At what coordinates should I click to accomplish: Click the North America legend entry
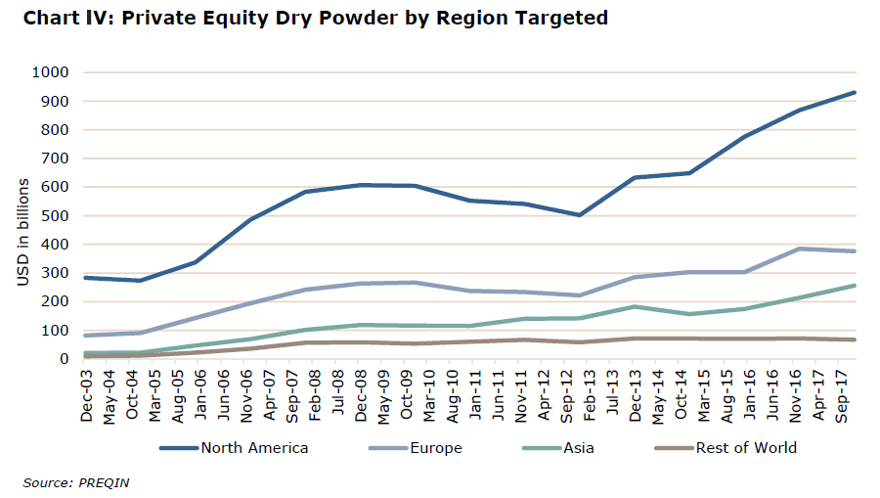(234, 448)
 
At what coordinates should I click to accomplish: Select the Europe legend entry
(416, 448)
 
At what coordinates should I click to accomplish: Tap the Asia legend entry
(558, 448)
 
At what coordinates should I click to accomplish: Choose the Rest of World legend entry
(726, 448)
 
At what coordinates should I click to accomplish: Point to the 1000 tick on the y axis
(51, 72)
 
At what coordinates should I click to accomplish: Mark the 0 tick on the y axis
(64, 359)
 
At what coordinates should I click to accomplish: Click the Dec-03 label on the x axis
(86, 396)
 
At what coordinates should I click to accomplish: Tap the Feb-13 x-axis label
(590, 396)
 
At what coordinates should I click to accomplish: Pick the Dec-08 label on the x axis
(360, 396)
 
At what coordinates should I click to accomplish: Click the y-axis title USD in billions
(23, 232)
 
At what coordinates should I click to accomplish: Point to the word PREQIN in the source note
(104, 483)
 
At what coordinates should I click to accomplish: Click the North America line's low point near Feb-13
(579, 215)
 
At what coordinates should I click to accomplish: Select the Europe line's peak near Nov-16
(799, 249)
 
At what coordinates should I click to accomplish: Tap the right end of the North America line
(855, 92)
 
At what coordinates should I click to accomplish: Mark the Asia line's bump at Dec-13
(635, 306)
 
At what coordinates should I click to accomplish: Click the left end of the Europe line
(85, 336)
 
